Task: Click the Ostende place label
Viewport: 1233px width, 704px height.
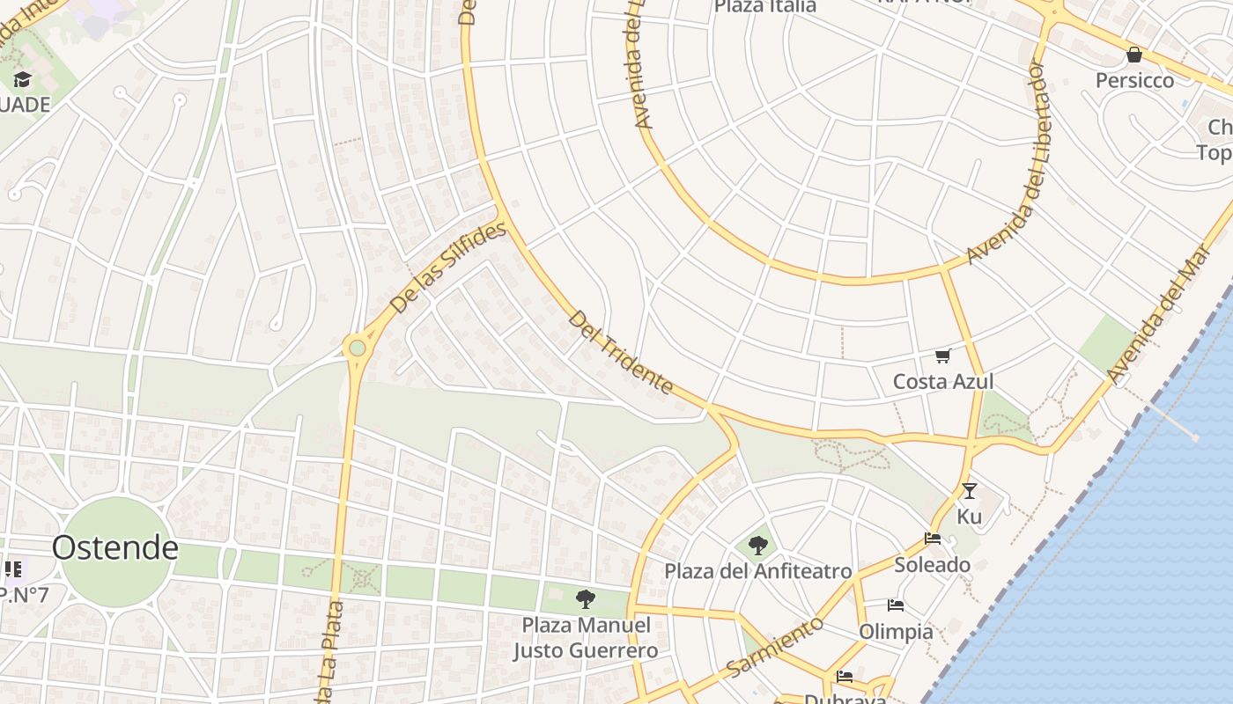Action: (114, 547)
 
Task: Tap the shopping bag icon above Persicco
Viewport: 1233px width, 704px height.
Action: (1134, 55)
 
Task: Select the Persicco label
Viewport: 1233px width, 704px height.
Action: (1134, 80)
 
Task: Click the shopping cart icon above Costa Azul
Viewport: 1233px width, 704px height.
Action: (942, 356)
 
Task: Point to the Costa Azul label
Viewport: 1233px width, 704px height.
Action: (942, 381)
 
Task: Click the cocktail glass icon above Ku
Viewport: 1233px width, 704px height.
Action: (969, 491)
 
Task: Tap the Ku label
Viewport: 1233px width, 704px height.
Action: (969, 517)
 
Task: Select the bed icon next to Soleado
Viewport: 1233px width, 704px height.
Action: (933, 539)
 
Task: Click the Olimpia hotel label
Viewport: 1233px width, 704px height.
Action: (896, 631)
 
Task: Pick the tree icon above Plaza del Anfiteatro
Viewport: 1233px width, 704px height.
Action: (757, 546)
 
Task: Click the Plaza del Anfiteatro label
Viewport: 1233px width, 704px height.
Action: (757, 571)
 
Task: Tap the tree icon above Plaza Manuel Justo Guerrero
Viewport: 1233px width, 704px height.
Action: (585, 600)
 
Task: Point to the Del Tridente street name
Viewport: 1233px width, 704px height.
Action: (621, 352)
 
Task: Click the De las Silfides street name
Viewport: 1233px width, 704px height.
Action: (448, 268)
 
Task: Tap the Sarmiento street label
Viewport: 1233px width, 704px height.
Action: (775, 647)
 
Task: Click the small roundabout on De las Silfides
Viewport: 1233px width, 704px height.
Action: (357, 348)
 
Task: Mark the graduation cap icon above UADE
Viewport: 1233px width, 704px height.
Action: (22, 80)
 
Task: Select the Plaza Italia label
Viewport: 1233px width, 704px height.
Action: (764, 6)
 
